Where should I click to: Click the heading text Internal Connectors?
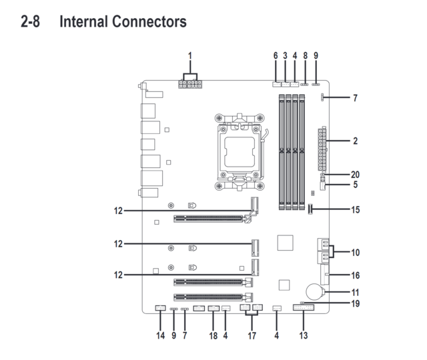pos(123,22)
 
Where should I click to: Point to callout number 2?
pos(355,141)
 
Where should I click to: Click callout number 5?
pos(355,184)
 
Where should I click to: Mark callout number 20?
pos(355,174)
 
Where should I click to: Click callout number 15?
pos(355,209)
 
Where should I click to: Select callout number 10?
pos(355,253)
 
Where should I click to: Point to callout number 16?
pos(355,275)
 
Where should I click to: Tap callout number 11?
pos(355,292)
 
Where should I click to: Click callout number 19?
pos(355,303)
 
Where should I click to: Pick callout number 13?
pos(304,335)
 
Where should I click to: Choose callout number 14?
pos(160,335)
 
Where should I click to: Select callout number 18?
pos(213,335)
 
